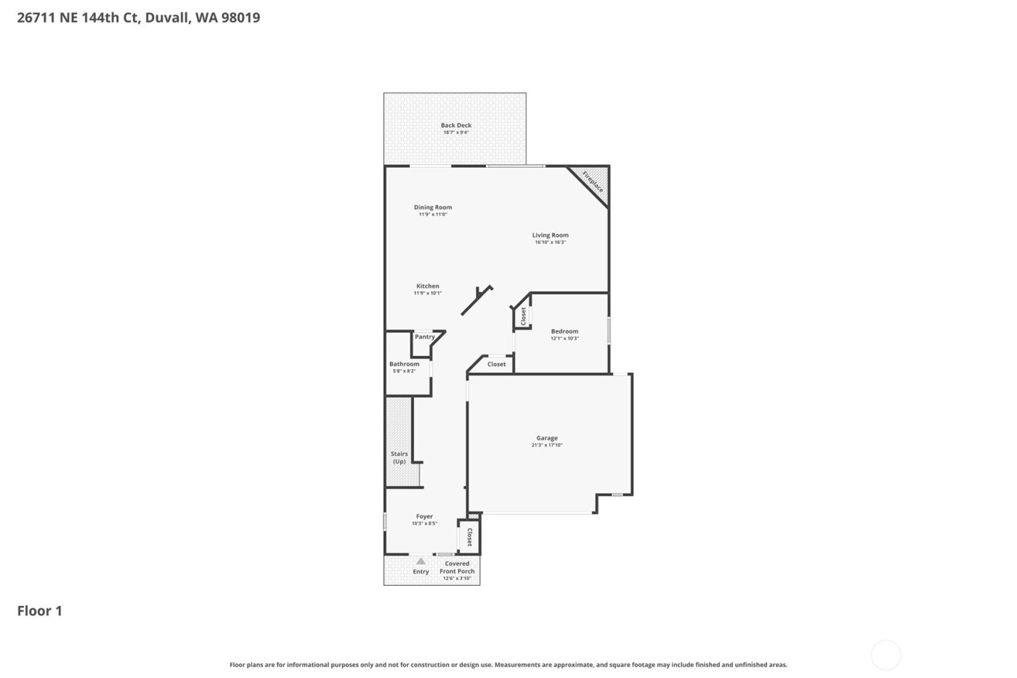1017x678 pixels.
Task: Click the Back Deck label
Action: click(455, 126)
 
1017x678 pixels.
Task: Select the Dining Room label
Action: click(433, 207)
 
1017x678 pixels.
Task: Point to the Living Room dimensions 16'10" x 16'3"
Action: click(550, 242)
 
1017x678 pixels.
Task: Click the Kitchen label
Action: click(427, 286)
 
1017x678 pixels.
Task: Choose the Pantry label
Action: click(424, 337)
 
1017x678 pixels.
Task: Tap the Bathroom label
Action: click(404, 364)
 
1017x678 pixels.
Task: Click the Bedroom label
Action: click(564, 331)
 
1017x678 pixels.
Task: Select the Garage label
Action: click(547, 438)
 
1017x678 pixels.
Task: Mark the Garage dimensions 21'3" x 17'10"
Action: click(547, 445)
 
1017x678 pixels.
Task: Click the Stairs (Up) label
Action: click(399, 458)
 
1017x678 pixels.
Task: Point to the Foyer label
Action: click(424, 517)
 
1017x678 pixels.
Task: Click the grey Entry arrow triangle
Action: click(421, 561)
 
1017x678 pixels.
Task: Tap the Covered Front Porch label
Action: click(457, 568)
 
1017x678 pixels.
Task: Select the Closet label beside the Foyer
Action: click(469, 537)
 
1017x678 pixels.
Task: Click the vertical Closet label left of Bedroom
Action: click(523, 315)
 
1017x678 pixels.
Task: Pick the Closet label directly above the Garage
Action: click(497, 364)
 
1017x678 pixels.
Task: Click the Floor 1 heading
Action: click(40, 610)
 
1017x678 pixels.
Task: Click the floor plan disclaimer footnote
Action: click(508, 665)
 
